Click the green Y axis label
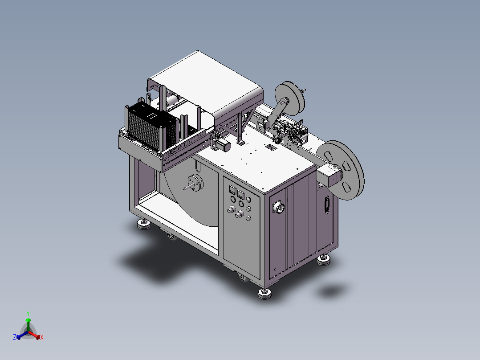pyautogui.click(x=28, y=314)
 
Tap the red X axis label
pyautogui.click(x=42, y=337)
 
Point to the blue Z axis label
pyautogui.click(x=14, y=337)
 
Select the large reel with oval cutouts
pyautogui.click(x=340, y=170)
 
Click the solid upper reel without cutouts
pyautogui.click(x=290, y=98)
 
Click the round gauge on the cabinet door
pyautogui.click(x=279, y=208)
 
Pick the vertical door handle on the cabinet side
pyautogui.click(x=327, y=205)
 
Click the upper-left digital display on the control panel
pyautogui.click(x=232, y=190)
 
